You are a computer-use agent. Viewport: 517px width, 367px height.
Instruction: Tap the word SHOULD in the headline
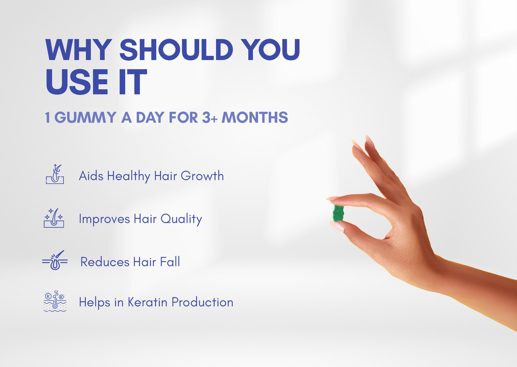coord(176,50)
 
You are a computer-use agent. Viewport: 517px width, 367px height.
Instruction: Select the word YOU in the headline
coord(270,50)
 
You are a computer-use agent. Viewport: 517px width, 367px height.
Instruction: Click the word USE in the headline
coord(77,82)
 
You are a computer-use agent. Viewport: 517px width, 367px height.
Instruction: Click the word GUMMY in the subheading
coord(85,117)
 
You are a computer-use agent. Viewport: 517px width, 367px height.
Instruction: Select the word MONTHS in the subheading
coord(255,117)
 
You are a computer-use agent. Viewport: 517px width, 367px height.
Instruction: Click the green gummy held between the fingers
coord(338,213)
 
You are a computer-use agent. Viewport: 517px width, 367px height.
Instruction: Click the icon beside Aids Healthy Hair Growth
coord(55,174)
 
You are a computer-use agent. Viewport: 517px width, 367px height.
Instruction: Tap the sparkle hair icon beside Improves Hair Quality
coord(54,218)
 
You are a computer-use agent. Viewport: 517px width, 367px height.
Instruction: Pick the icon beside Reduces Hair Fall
coord(55,260)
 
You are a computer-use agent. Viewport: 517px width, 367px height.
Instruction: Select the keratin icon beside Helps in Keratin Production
coord(55,301)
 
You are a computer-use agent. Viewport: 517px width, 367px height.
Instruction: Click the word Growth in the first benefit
coord(202,176)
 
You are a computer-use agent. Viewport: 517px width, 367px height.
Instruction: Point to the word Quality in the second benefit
coord(181,219)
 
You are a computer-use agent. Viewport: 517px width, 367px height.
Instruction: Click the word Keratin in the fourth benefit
coord(147,302)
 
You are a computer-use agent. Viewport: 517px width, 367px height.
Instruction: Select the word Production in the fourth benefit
coord(203,302)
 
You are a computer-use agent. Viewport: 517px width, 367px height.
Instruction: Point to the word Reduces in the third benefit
coord(105,262)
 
